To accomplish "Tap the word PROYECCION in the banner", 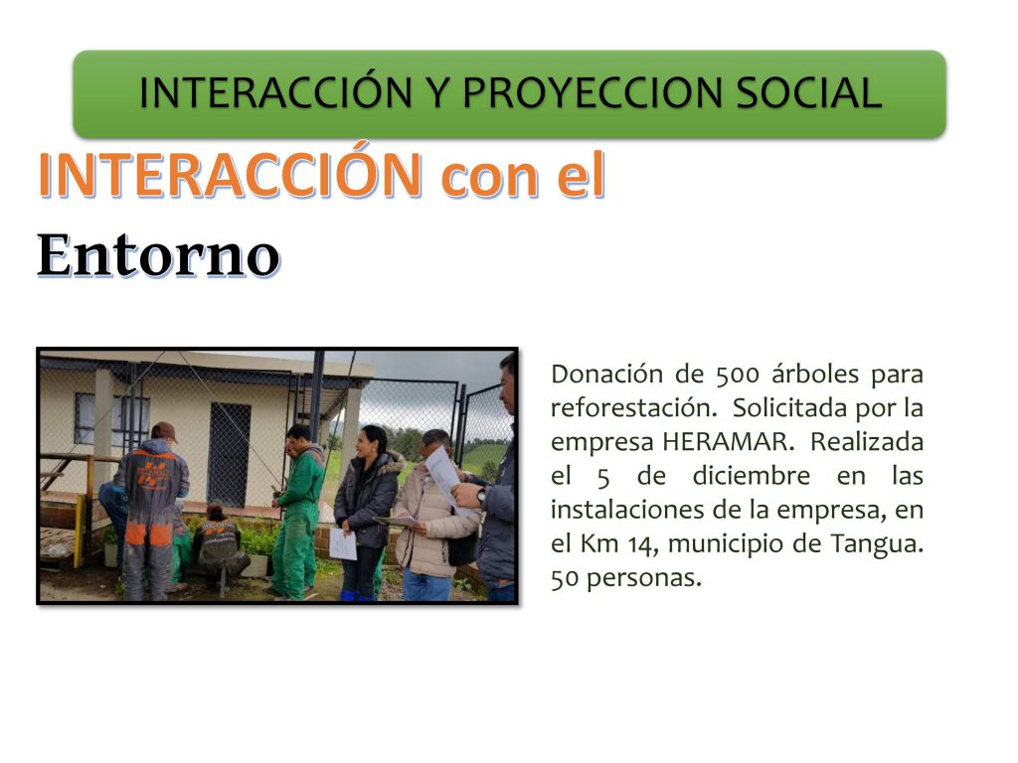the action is pos(593,92).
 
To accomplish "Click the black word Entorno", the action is pos(158,255).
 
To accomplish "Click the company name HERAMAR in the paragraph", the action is pos(727,442).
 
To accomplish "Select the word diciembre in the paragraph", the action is pos(752,476).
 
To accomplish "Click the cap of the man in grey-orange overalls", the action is pos(164,430).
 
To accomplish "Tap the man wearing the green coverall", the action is pos(296,511).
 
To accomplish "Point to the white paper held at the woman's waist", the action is pos(342,543).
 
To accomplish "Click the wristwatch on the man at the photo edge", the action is pos(480,496).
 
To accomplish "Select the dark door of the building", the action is pos(229,455).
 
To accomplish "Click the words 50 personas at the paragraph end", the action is pos(626,577).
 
